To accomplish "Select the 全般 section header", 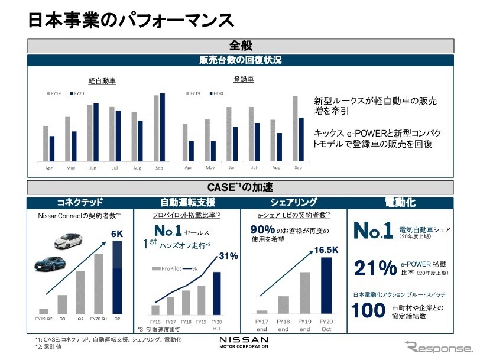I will point(239,45).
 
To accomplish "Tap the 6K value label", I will point(117,235).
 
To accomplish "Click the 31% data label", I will point(228,256).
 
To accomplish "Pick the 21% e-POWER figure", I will point(375,269).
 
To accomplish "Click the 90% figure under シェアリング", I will point(262,229).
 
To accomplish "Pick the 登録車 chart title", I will point(244,80).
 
